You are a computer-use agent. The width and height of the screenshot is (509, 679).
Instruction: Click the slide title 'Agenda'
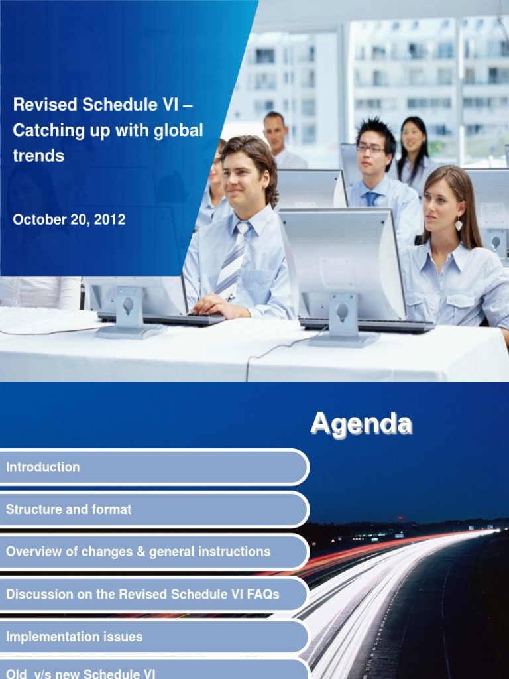pos(361,424)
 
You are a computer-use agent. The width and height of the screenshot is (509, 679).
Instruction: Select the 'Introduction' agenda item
pos(42,467)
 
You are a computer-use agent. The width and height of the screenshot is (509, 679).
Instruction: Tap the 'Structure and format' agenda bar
pos(68,510)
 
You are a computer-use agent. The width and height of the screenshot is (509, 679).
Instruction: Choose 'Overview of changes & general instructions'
pos(138,552)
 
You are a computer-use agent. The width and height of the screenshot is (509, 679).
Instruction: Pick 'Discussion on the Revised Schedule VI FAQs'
pos(142,595)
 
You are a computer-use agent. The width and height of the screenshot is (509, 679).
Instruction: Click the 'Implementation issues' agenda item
pos(74,637)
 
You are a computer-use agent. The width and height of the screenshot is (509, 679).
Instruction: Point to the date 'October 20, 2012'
pos(69,219)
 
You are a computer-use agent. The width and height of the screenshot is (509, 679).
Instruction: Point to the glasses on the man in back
pos(370,149)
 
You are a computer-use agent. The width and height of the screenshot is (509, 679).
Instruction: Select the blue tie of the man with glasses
pos(371,198)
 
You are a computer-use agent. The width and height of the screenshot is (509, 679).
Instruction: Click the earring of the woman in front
pos(459,225)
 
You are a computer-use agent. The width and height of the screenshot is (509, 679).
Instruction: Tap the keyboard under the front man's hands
pos(162,319)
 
